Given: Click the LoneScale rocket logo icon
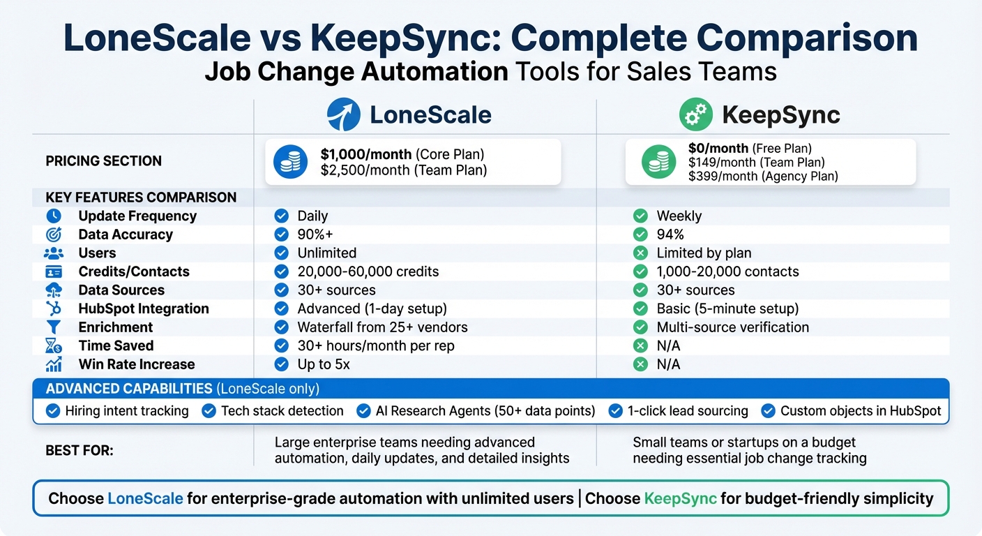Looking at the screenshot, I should tap(344, 115).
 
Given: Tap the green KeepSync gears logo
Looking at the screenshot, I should tap(695, 115).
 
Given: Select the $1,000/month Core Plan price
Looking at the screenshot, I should tap(402, 154).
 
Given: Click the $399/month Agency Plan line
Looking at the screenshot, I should tap(763, 177).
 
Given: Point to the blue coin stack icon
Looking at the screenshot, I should tap(291, 162).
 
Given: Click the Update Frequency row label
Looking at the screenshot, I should tap(137, 216).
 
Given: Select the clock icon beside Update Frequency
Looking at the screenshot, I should tap(54, 216).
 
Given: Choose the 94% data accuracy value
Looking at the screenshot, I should tap(670, 234).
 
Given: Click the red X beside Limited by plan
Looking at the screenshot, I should tap(640, 253).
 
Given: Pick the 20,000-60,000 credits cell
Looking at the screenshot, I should tap(368, 271).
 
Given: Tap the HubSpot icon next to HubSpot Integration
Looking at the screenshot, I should tap(54, 308).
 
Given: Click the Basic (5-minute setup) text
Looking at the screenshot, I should tap(727, 308).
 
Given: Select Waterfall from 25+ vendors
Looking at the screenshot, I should tap(382, 327).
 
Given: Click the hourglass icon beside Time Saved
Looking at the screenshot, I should tap(54, 345).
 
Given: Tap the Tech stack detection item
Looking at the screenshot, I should tap(282, 411).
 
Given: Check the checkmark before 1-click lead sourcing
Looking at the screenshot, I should tap(615, 411).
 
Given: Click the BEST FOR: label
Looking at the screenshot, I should tap(80, 451).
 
